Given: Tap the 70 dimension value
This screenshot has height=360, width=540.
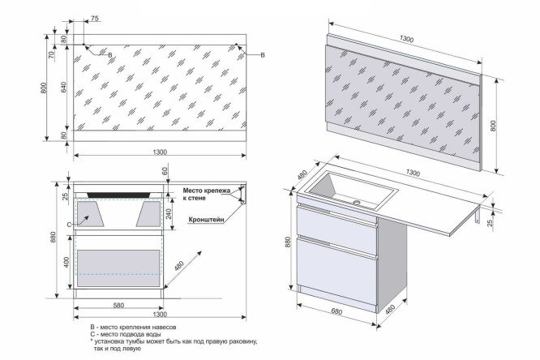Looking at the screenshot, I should point(51,56).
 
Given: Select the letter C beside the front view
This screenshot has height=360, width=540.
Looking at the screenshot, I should point(70,224).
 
